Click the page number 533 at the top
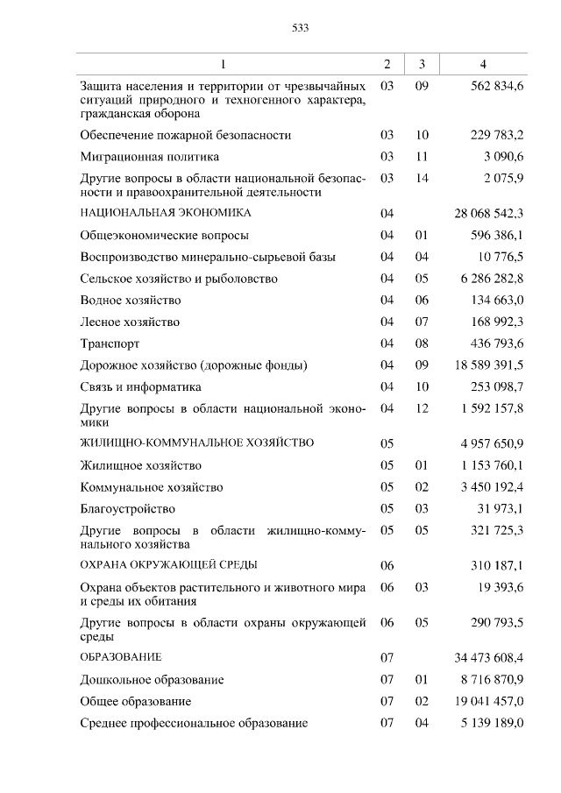click(x=300, y=28)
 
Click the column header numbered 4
click(x=483, y=64)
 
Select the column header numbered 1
click(x=223, y=64)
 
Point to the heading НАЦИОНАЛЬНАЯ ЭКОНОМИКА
click(x=166, y=213)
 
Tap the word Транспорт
click(x=110, y=343)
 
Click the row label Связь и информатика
click(x=140, y=386)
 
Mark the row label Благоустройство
click(x=127, y=508)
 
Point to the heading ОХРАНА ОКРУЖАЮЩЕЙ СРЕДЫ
click(x=168, y=564)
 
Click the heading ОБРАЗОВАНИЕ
click(x=121, y=656)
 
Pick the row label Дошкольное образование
click(x=152, y=680)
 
